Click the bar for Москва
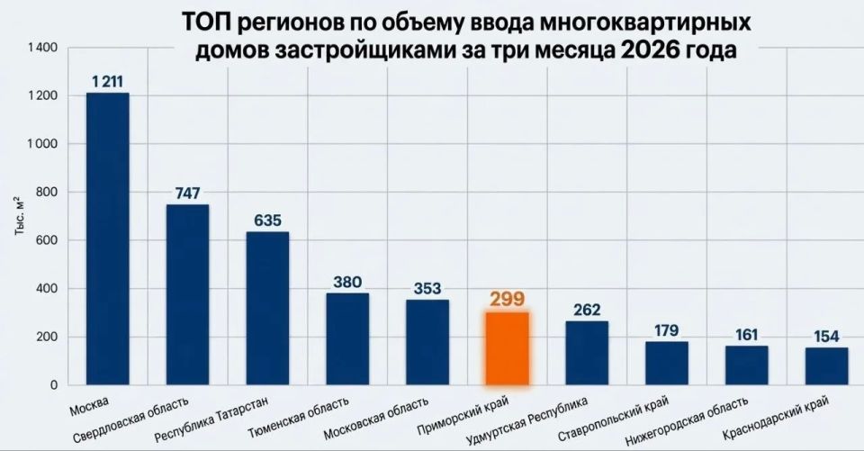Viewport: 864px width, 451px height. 107,239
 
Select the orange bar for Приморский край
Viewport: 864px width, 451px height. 507,349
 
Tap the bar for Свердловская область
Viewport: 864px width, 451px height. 187,295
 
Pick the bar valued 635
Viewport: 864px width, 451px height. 267,309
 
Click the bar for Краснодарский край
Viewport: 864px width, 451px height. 826,366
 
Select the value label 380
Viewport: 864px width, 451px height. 347,282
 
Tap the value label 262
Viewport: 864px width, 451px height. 587,310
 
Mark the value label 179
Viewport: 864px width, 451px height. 667,330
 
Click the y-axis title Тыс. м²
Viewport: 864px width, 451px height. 19,216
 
